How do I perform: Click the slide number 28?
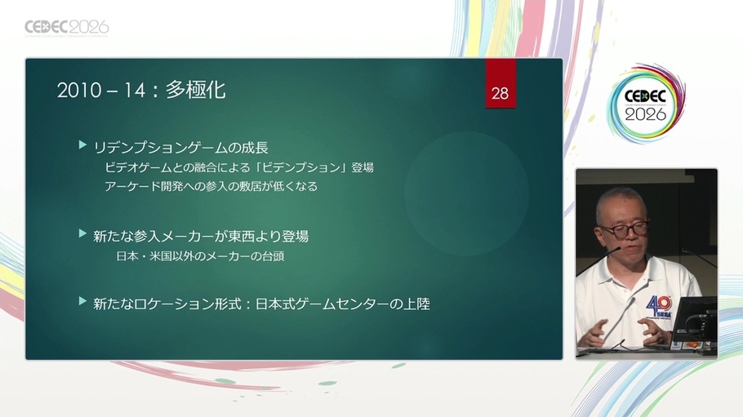500,93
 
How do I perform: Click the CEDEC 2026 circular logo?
645,104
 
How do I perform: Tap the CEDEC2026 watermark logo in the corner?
67,28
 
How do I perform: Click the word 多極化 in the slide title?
195,90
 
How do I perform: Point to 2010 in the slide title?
79,91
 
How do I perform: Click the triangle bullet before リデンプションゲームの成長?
83,144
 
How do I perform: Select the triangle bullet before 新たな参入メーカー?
83,233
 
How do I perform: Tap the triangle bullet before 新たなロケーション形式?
83,300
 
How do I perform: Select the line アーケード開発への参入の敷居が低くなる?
211,186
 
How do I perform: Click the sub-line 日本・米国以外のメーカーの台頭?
200,256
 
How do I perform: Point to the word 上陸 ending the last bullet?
416,304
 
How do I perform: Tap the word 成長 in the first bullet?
255,148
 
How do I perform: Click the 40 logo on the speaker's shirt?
659,306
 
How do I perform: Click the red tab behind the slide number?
501,83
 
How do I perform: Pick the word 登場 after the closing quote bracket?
363,168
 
